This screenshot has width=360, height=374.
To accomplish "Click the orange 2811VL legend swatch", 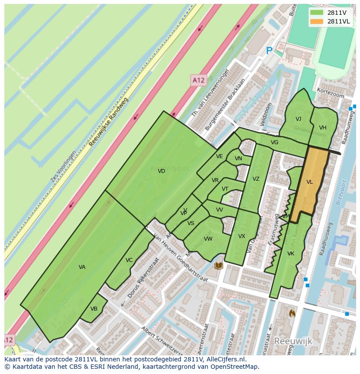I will pos(317,21).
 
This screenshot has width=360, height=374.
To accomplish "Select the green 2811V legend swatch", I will pos(317,12).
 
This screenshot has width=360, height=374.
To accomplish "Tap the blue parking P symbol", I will pos(269,51).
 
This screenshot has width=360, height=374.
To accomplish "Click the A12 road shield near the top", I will pos(198,80).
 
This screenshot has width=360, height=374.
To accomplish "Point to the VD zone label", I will pos(161,171).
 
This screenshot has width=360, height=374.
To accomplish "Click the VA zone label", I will pos(82,267).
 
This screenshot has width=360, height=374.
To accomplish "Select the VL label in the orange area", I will pos(310,182).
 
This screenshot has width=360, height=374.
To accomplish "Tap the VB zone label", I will pos(94,309).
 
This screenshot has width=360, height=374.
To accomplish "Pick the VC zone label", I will pos(129,260).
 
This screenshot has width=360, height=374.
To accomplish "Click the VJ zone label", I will pos(298,119).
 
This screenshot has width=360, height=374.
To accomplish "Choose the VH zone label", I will pos(323,128).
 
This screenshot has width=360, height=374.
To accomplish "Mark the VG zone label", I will pos(274,142).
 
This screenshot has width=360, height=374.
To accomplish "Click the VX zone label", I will pos(242,236).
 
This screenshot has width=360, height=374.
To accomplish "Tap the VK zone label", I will pos(291,254).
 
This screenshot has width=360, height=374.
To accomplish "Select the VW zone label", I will pos(208,239).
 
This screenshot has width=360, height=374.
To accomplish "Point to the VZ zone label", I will pos(256,179).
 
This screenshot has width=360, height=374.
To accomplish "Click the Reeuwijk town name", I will pos(293,341).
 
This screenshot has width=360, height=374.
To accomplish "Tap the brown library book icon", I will pos(219,265).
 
